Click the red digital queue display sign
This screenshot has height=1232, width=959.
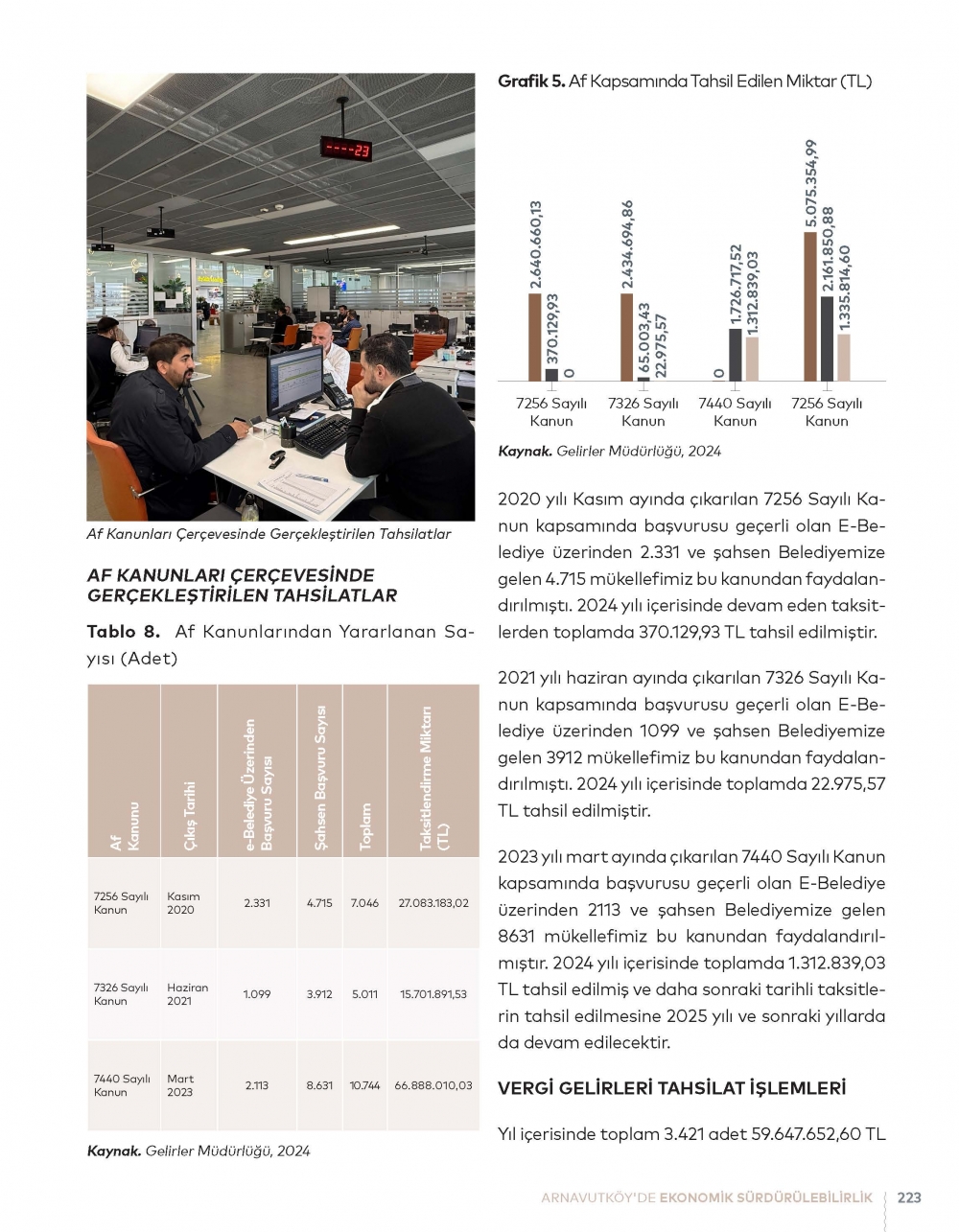[345, 149]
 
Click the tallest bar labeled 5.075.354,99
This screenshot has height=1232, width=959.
[810, 307]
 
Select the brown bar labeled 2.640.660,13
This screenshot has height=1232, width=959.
[534, 337]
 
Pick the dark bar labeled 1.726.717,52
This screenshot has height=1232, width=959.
[735, 355]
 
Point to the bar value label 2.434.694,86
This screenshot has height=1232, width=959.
[627, 244]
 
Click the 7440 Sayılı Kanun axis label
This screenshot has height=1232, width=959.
[735, 412]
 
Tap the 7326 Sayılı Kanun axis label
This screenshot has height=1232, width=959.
[643, 412]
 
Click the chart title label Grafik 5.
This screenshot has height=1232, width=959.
[530, 81]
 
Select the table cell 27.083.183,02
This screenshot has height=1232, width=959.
[433, 903]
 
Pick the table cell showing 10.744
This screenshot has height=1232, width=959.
[364, 1085]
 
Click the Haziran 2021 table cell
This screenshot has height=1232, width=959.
[187, 994]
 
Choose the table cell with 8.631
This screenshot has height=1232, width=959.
[319, 1085]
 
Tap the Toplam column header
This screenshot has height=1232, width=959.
[364, 826]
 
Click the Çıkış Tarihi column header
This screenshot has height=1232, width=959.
[191, 815]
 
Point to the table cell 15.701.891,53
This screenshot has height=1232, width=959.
[433, 994]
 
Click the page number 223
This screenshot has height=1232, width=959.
[909, 1197]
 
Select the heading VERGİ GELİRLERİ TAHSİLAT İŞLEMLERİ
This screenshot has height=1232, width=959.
[671, 1088]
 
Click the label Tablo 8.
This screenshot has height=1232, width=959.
[123, 632]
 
